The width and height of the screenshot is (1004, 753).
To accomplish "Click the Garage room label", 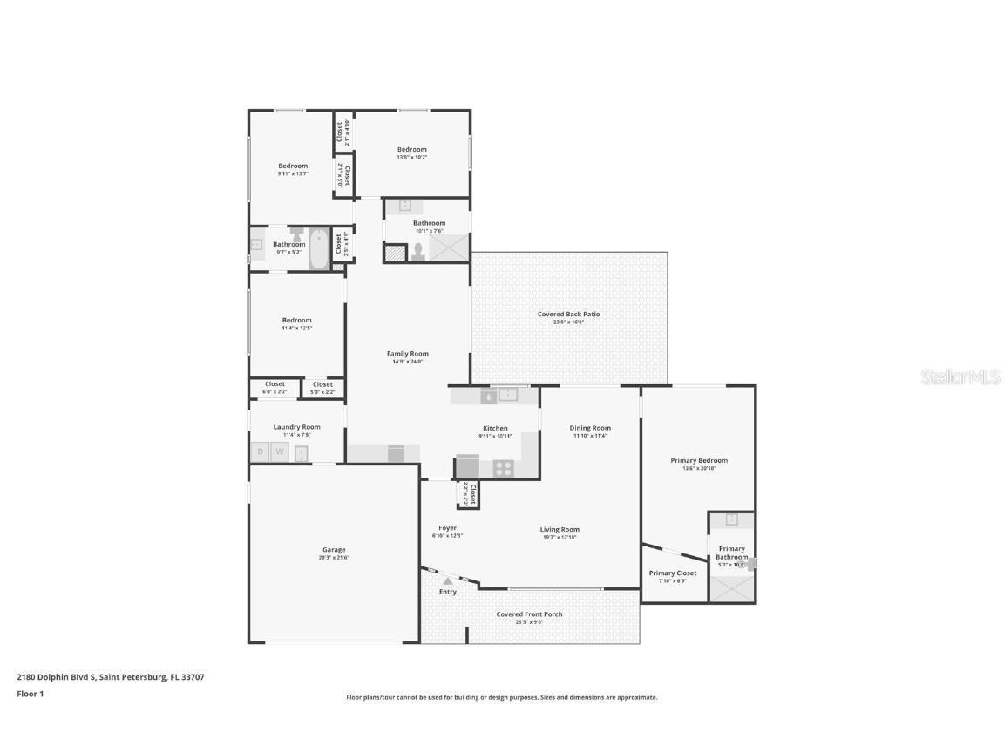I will (334, 550).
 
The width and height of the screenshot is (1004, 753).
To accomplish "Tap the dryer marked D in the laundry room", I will (260, 451).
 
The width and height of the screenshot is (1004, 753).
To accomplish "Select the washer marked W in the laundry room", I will (280, 451).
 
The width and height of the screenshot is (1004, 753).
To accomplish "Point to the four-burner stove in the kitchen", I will (504, 467).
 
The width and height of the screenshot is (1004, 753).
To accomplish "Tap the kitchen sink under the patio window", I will (507, 396).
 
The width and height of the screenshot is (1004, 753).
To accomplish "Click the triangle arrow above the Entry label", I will (447, 580).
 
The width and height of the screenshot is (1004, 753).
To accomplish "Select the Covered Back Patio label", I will (569, 314).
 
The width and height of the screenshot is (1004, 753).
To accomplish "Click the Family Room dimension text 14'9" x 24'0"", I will (407, 362).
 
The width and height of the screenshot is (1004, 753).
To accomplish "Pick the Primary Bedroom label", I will (698, 460).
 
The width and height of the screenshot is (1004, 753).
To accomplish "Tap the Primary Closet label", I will (674, 573).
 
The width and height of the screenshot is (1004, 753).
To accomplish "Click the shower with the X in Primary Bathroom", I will (731, 588).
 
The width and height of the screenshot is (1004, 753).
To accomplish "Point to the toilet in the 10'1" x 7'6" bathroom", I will (418, 251).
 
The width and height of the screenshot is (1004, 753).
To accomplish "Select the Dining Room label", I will (590, 428).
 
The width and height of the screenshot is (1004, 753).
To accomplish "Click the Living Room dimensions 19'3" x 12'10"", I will (560, 537).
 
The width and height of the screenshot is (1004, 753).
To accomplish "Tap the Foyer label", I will (447, 528).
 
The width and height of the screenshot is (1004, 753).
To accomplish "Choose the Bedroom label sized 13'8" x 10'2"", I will (412, 149).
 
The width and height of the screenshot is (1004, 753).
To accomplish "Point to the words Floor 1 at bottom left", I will (30, 694).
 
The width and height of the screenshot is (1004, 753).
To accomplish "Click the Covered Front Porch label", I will (529, 614).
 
